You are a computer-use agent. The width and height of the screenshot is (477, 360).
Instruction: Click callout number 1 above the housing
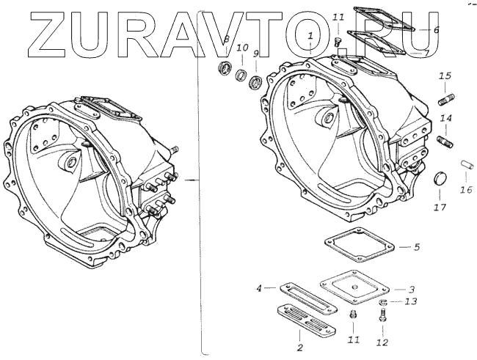coord(311,34)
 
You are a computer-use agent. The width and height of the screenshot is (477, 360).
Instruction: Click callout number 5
coord(416,247)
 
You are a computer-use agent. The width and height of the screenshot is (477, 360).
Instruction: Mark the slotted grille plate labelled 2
coord(307,320)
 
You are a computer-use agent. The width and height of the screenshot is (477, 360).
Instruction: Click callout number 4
coord(260,288)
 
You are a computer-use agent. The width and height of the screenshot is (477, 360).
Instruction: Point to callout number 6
coord(436,30)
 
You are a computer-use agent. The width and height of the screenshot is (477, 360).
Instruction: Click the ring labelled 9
coord(257,81)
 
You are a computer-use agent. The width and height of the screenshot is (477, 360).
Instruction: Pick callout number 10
coord(242,48)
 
